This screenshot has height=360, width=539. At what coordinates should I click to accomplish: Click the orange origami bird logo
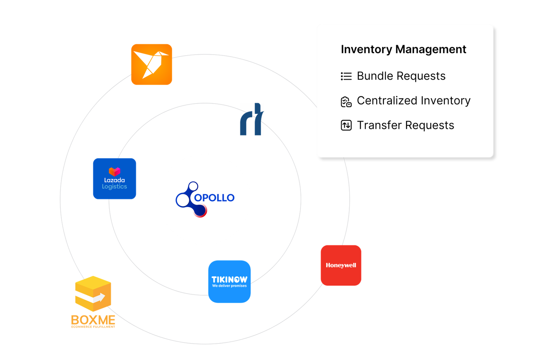(x=152, y=64)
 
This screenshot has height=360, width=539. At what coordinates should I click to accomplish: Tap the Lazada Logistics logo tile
(x=115, y=179)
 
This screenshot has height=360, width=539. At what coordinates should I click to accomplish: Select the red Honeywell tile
(x=341, y=265)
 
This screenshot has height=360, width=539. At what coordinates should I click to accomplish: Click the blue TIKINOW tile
(x=229, y=281)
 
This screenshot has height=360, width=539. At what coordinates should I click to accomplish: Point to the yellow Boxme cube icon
(x=93, y=293)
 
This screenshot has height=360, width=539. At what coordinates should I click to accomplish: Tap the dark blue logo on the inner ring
(x=252, y=120)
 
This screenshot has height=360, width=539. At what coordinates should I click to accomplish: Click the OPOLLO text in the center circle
(x=214, y=198)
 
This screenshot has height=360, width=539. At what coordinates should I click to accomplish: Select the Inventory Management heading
(x=403, y=49)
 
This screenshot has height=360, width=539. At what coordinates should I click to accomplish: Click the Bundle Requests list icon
(x=346, y=76)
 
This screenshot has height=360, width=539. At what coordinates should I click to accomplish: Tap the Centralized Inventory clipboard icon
(x=346, y=101)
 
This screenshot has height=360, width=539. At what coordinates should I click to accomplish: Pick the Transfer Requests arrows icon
(x=346, y=125)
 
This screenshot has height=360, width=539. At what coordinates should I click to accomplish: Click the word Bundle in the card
(x=375, y=76)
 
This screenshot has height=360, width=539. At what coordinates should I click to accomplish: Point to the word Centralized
(x=387, y=100)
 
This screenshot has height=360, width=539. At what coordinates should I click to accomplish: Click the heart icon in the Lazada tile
(x=115, y=172)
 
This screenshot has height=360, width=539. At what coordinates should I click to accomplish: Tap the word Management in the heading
(x=431, y=49)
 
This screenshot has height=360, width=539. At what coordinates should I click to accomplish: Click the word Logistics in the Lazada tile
(x=115, y=186)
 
